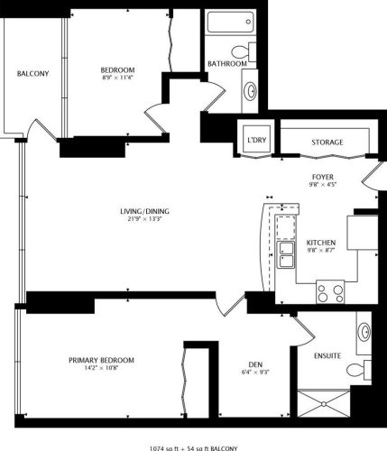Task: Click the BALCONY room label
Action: pyautogui.click(x=32, y=73)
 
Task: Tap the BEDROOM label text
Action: pyautogui.click(x=117, y=70)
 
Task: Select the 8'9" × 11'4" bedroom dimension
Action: pyautogui.click(x=117, y=78)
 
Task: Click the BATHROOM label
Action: pyautogui.click(x=226, y=64)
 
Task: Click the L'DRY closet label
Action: pyautogui.click(x=256, y=141)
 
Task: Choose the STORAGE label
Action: pyautogui.click(x=327, y=143)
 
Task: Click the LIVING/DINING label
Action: pyautogui.click(x=145, y=212)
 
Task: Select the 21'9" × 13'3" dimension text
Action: pyautogui.click(x=145, y=220)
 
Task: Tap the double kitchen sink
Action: pyautogui.click(x=286, y=253)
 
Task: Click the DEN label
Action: pyautogui.click(x=255, y=364)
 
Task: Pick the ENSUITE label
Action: pyautogui.click(x=327, y=355)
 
